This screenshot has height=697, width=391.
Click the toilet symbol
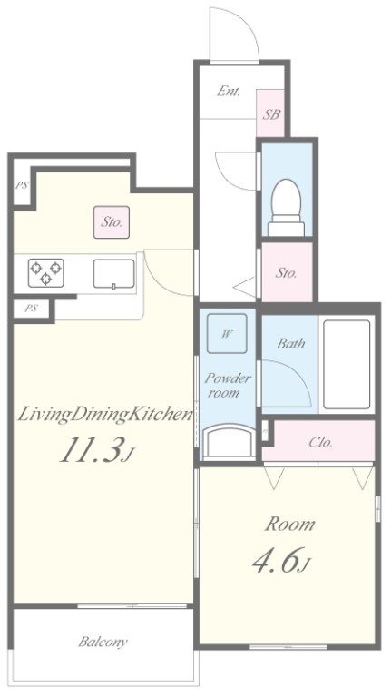coord(286,207)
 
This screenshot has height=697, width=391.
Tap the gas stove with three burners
coord(45,272)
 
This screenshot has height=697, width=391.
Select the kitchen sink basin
coord(113,274)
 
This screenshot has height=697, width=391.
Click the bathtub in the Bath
coord(347,364)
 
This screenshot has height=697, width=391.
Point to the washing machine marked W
coord(227,333)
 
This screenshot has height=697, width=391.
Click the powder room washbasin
coord(228,441)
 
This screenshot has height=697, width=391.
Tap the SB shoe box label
coord(270,114)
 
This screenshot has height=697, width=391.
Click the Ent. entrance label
coord(229,92)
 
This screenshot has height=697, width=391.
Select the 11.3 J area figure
coord(97,450)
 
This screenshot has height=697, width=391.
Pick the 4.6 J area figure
coord(280,559)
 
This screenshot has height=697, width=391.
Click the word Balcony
coord(103,642)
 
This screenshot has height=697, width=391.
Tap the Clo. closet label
coord(321,442)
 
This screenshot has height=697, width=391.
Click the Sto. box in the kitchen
coord(112,221)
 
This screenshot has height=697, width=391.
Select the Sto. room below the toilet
coord(287,272)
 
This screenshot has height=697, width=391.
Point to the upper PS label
coord(21,185)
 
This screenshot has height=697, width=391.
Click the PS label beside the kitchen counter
coord(31,308)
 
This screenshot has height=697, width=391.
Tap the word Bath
coord(291,343)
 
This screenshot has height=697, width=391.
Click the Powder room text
coord(228,386)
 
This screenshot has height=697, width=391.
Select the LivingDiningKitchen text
coord(105,415)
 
